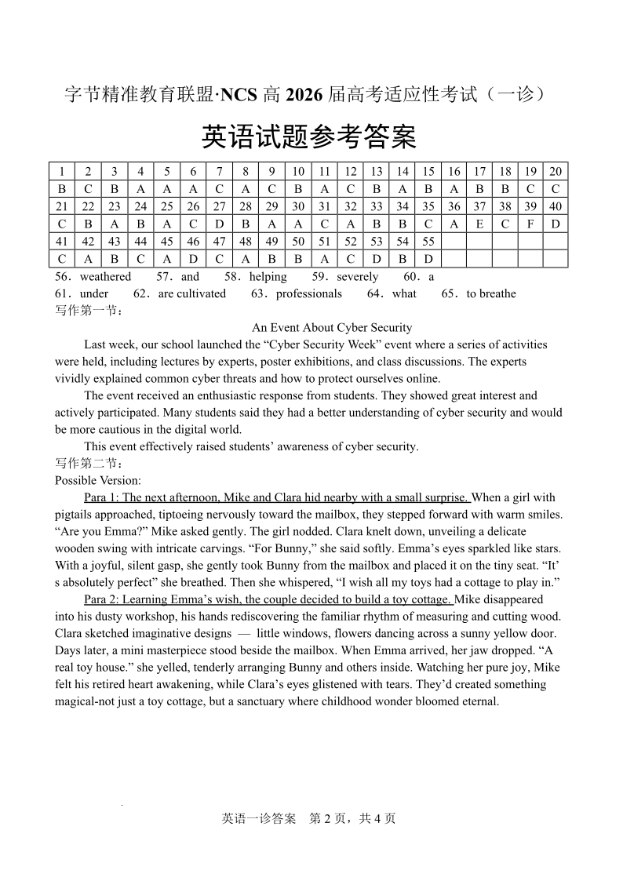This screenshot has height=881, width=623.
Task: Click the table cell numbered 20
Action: click(x=556, y=172)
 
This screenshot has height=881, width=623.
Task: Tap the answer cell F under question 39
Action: click(x=531, y=224)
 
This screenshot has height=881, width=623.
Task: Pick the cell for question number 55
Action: click(x=428, y=242)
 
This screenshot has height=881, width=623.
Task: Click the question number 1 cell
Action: click(x=62, y=172)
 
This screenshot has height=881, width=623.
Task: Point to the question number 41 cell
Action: click(x=62, y=242)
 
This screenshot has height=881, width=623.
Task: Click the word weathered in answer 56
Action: click(x=105, y=277)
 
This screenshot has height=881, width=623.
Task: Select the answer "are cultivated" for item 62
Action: click(x=191, y=293)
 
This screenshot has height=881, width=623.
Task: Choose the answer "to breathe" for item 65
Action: click(x=491, y=293)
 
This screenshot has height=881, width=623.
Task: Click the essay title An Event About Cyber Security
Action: click(x=332, y=327)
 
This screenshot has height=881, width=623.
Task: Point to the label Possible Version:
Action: click(x=98, y=480)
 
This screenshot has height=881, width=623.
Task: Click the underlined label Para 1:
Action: click(x=101, y=497)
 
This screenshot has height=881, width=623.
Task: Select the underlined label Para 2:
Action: click(x=101, y=600)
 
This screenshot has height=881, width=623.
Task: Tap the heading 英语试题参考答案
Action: click(x=309, y=137)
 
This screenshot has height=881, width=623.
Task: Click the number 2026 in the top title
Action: click(x=304, y=96)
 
